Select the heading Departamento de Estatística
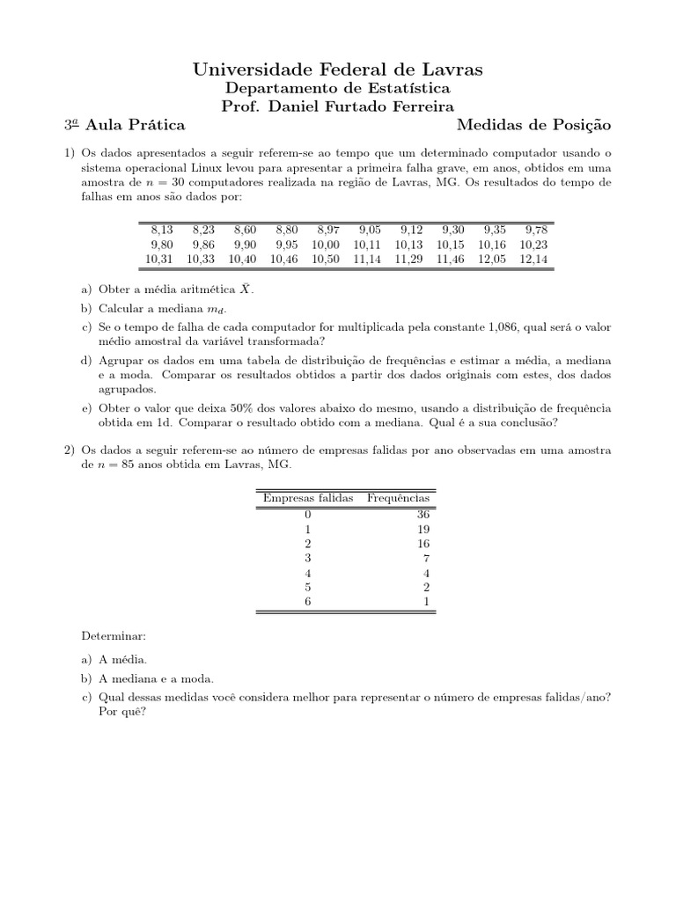point(338,88)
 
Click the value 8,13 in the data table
point(162,230)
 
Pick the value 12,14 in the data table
point(533,259)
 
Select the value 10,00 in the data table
point(325,245)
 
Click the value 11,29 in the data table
point(409,259)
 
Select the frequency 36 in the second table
point(422,514)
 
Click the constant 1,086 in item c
point(503,326)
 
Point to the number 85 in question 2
point(132,464)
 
